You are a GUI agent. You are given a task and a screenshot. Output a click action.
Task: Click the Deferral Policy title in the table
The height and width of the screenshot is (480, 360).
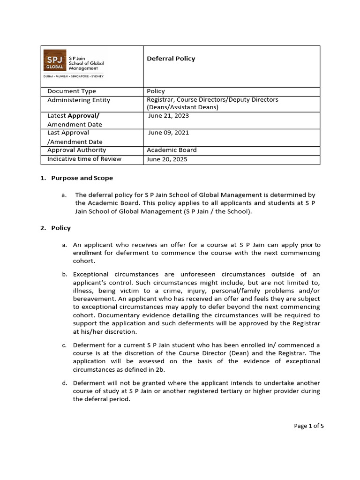[x=171, y=59]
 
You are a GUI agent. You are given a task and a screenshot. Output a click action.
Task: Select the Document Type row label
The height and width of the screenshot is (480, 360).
[x=72, y=91]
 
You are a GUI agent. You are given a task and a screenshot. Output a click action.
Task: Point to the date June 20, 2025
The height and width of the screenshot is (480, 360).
[x=167, y=159]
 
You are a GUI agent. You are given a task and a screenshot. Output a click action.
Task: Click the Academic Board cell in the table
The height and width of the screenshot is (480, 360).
[x=172, y=150]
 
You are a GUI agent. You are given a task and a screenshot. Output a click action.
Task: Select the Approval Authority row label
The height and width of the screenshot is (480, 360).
[x=77, y=150]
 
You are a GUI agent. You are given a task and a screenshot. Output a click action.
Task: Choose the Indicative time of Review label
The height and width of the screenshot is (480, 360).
[x=84, y=159]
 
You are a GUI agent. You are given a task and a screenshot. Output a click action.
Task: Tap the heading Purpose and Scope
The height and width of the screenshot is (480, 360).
[x=82, y=178]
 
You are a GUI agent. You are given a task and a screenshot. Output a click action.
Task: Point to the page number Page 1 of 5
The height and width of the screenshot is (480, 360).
[x=309, y=426]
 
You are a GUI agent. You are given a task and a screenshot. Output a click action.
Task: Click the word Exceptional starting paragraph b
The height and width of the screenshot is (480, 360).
[x=91, y=274]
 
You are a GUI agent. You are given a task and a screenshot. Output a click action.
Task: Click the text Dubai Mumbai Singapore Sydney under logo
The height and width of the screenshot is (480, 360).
[x=74, y=76]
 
